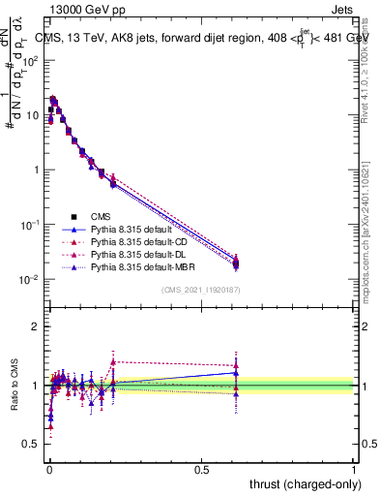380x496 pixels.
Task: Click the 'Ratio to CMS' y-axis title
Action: coord(14,386)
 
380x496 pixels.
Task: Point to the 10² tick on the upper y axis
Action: coord(31,60)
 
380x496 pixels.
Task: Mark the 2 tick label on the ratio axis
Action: coord(37,326)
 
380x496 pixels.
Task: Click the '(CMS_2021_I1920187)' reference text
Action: coord(201,291)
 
